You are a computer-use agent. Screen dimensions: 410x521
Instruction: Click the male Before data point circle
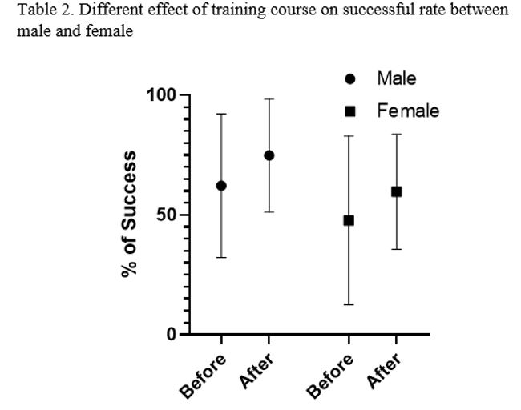click(x=221, y=186)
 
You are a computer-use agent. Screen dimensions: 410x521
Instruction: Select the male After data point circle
click(x=269, y=155)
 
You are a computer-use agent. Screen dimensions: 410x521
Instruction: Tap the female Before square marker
click(x=349, y=220)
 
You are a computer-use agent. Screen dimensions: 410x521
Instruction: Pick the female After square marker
click(x=396, y=191)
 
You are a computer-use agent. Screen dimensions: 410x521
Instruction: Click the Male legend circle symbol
click(x=349, y=79)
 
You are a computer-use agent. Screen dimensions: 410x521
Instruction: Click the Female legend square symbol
click(x=349, y=111)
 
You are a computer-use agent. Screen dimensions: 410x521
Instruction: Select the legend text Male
click(x=397, y=79)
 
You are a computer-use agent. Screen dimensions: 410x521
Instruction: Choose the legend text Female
click(x=408, y=111)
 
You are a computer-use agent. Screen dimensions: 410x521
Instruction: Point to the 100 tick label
click(x=160, y=95)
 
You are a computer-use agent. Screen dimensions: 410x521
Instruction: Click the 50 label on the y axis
click(x=166, y=215)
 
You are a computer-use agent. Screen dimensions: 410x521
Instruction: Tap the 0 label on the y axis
click(x=172, y=334)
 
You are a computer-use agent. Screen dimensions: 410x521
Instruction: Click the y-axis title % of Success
click(x=129, y=214)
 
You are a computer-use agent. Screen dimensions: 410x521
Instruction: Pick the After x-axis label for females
click(x=384, y=370)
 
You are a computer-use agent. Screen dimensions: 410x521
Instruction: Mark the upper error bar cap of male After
click(x=269, y=98)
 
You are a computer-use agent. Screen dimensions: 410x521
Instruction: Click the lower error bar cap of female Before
click(x=349, y=304)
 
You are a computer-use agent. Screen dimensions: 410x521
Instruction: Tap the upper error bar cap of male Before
click(x=221, y=114)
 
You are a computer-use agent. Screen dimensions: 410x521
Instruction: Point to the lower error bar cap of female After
click(x=396, y=249)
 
